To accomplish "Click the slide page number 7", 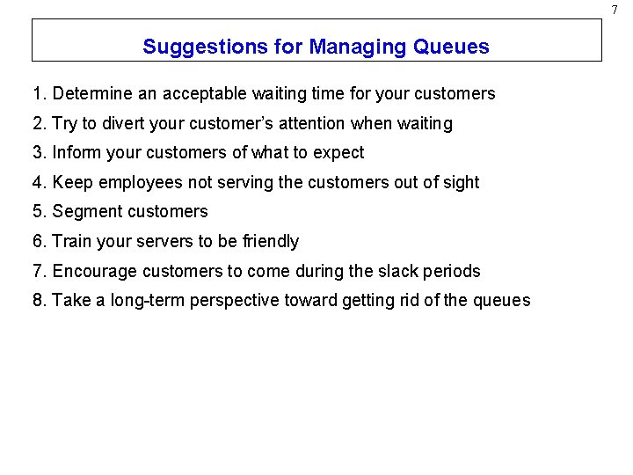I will pyautogui.click(x=615, y=9).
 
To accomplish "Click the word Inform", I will pyautogui.click(x=75, y=152).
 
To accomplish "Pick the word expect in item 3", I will pyautogui.click(x=338, y=153).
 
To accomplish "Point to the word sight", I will pyautogui.click(x=461, y=182).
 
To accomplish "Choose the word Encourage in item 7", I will pyautogui.click(x=92, y=271).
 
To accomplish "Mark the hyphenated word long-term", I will pyautogui.click(x=148, y=301).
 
